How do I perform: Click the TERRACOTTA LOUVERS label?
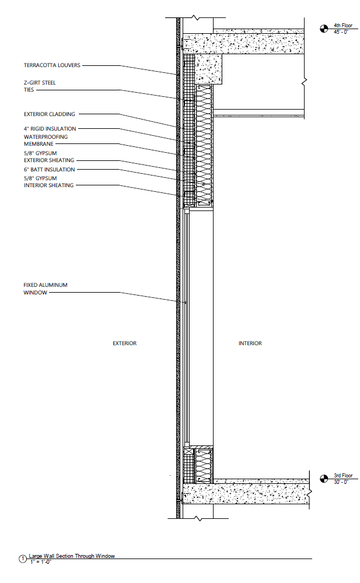click(x=52, y=65)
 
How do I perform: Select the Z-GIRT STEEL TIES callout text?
click(x=40, y=86)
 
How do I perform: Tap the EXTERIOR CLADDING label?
click(x=50, y=114)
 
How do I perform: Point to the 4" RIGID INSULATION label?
click(x=50, y=128)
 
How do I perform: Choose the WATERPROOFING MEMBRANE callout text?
click(x=46, y=140)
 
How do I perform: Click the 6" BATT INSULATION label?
click(x=49, y=170)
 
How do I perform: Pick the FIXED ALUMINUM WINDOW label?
click(x=46, y=289)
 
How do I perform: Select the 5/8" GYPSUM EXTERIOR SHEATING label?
click(x=48, y=156)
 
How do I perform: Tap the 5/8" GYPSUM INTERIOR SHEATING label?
click(x=48, y=181)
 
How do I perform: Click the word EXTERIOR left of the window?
click(x=124, y=343)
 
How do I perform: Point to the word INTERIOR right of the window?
click(x=250, y=343)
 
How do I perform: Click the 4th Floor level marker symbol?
click(x=324, y=27)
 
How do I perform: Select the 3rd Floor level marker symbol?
click(x=324, y=479)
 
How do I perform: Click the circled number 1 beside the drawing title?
click(x=23, y=559)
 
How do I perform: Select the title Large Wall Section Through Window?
click(x=72, y=556)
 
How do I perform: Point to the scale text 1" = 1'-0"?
click(x=40, y=561)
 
